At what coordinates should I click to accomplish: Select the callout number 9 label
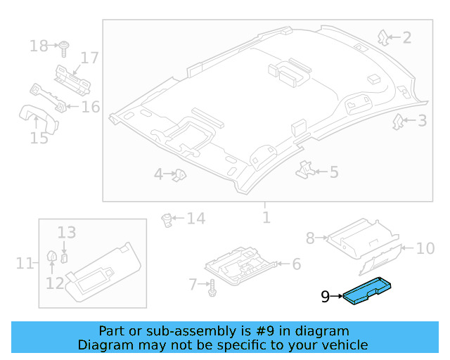click(x=325, y=297)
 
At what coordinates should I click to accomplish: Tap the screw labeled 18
click(x=63, y=47)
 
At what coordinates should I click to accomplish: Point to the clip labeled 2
click(x=383, y=36)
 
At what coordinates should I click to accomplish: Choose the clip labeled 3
click(x=398, y=122)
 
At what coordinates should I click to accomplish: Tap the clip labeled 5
click(x=305, y=169)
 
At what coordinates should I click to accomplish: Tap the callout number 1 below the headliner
click(x=266, y=217)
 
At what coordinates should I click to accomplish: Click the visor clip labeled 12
click(x=51, y=259)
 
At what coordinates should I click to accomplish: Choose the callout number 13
click(x=66, y=232)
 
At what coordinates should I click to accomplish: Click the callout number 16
click(x=91, y=107)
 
